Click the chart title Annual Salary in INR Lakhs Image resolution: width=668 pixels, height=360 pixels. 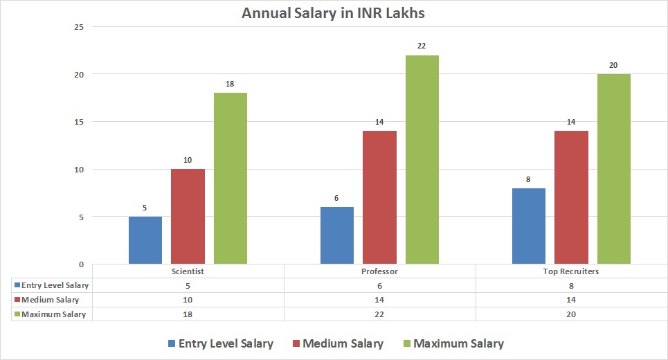pos(334,12)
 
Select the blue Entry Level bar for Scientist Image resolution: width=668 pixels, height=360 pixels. pos(145,240)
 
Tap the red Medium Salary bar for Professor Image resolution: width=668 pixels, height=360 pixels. pos(380,197)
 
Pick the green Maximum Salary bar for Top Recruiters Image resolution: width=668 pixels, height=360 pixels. pos(614,169)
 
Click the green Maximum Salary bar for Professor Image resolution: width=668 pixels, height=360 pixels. pos(422,159)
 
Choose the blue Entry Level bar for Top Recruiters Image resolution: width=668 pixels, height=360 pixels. pos(529,226)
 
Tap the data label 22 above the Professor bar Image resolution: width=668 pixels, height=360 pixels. pos(422,46)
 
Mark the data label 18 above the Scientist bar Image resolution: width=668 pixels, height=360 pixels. pos(231,84)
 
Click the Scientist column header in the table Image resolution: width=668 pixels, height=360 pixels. pos(188,271)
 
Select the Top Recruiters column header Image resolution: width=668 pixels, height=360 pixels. pos(571,271)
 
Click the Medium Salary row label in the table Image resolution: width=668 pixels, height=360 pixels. pos(51,300)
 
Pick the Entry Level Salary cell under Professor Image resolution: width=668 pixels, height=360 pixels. pos(379,285)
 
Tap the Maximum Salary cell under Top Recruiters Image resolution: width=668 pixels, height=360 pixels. pos(571,314)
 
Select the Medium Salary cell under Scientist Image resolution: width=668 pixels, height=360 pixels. pos(188,300)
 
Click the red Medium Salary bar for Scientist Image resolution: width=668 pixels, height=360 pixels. pos(188,216)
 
